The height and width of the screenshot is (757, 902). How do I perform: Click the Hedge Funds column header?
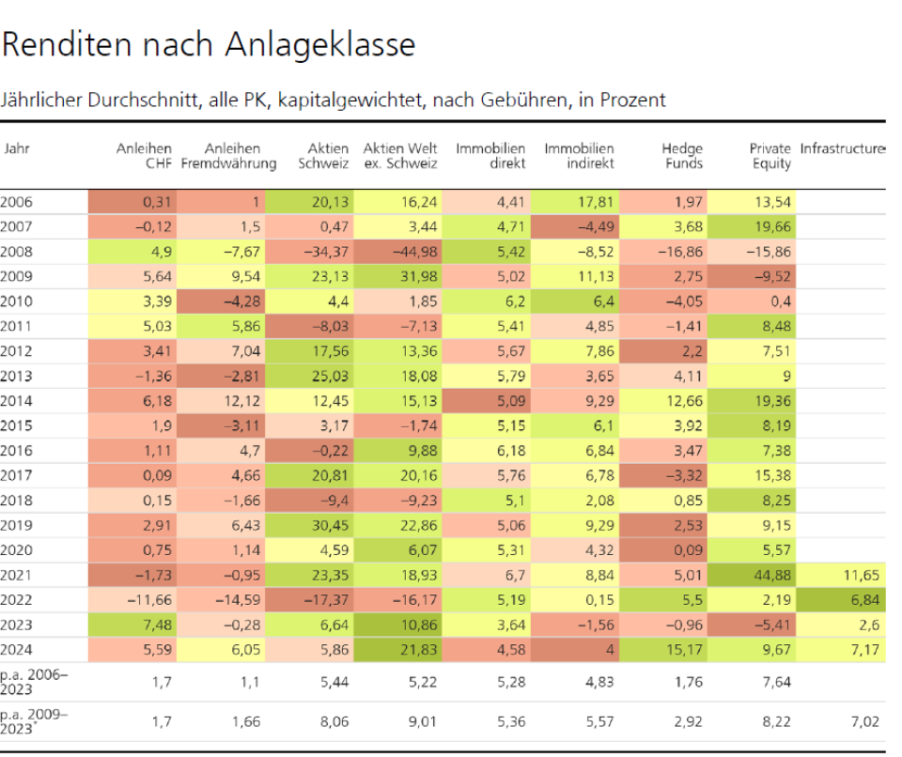point(681,156)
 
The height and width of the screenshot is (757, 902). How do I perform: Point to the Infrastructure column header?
point(843,148)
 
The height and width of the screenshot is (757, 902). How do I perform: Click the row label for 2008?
point(16,251)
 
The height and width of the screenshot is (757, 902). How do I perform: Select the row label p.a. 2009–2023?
point(27,721)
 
